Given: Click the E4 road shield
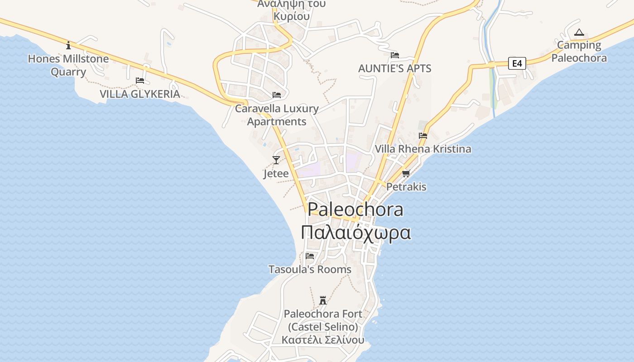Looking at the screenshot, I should (x=517, y=63).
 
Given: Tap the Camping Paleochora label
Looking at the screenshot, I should (x=579, y=52).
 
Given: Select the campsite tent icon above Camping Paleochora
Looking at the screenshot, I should (x=579, y=33).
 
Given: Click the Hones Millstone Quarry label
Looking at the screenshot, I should (x=68, y=65).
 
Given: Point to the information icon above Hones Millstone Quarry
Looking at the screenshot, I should (x=68, y=45).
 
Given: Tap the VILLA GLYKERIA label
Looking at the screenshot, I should (x=139, y=94).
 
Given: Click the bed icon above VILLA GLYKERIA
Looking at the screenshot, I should (x=140, y=81).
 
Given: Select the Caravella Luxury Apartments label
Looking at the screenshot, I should (x=277, y=115).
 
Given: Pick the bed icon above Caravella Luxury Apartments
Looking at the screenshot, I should (x=277, y=95).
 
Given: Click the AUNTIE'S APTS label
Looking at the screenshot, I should (x=394, y=69).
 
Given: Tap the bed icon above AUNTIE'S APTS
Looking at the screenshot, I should (x=395, y=55).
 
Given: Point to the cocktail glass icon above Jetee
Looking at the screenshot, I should (x=276, y=160).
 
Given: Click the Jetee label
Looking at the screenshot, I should (x=276, y=174).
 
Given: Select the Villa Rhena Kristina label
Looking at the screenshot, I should (x=423, y=149).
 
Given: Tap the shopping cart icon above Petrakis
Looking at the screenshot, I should (x=406, y=173).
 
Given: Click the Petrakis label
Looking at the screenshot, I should (x=406, y=186).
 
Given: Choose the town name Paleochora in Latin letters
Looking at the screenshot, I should (x=355, y=210).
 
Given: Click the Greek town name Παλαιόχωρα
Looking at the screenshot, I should (x=356, y=233).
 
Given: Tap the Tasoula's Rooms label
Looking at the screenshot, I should (x=310, y=269).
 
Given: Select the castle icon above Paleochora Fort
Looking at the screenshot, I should (x=323, y=300).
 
